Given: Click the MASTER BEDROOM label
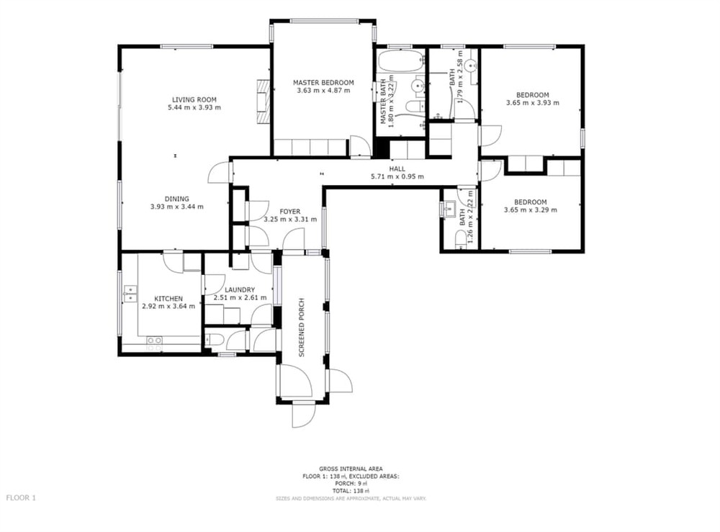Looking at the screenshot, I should (323, 83).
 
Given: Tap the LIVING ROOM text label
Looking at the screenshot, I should (194, 99).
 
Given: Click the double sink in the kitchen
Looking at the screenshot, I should (130, 292).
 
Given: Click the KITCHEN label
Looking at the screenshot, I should (168, 299).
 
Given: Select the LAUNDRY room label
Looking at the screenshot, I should (240, 289).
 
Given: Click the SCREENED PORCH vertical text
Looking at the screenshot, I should (302, 327).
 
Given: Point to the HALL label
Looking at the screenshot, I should (397, 168).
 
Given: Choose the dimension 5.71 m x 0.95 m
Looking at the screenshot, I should (397, 176).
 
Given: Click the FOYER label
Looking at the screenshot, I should (280, 211).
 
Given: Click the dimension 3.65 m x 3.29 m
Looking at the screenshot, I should (531, 210).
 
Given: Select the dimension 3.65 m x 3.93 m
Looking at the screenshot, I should (531, 103).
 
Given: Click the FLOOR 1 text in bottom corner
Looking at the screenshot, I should (20, 497).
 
